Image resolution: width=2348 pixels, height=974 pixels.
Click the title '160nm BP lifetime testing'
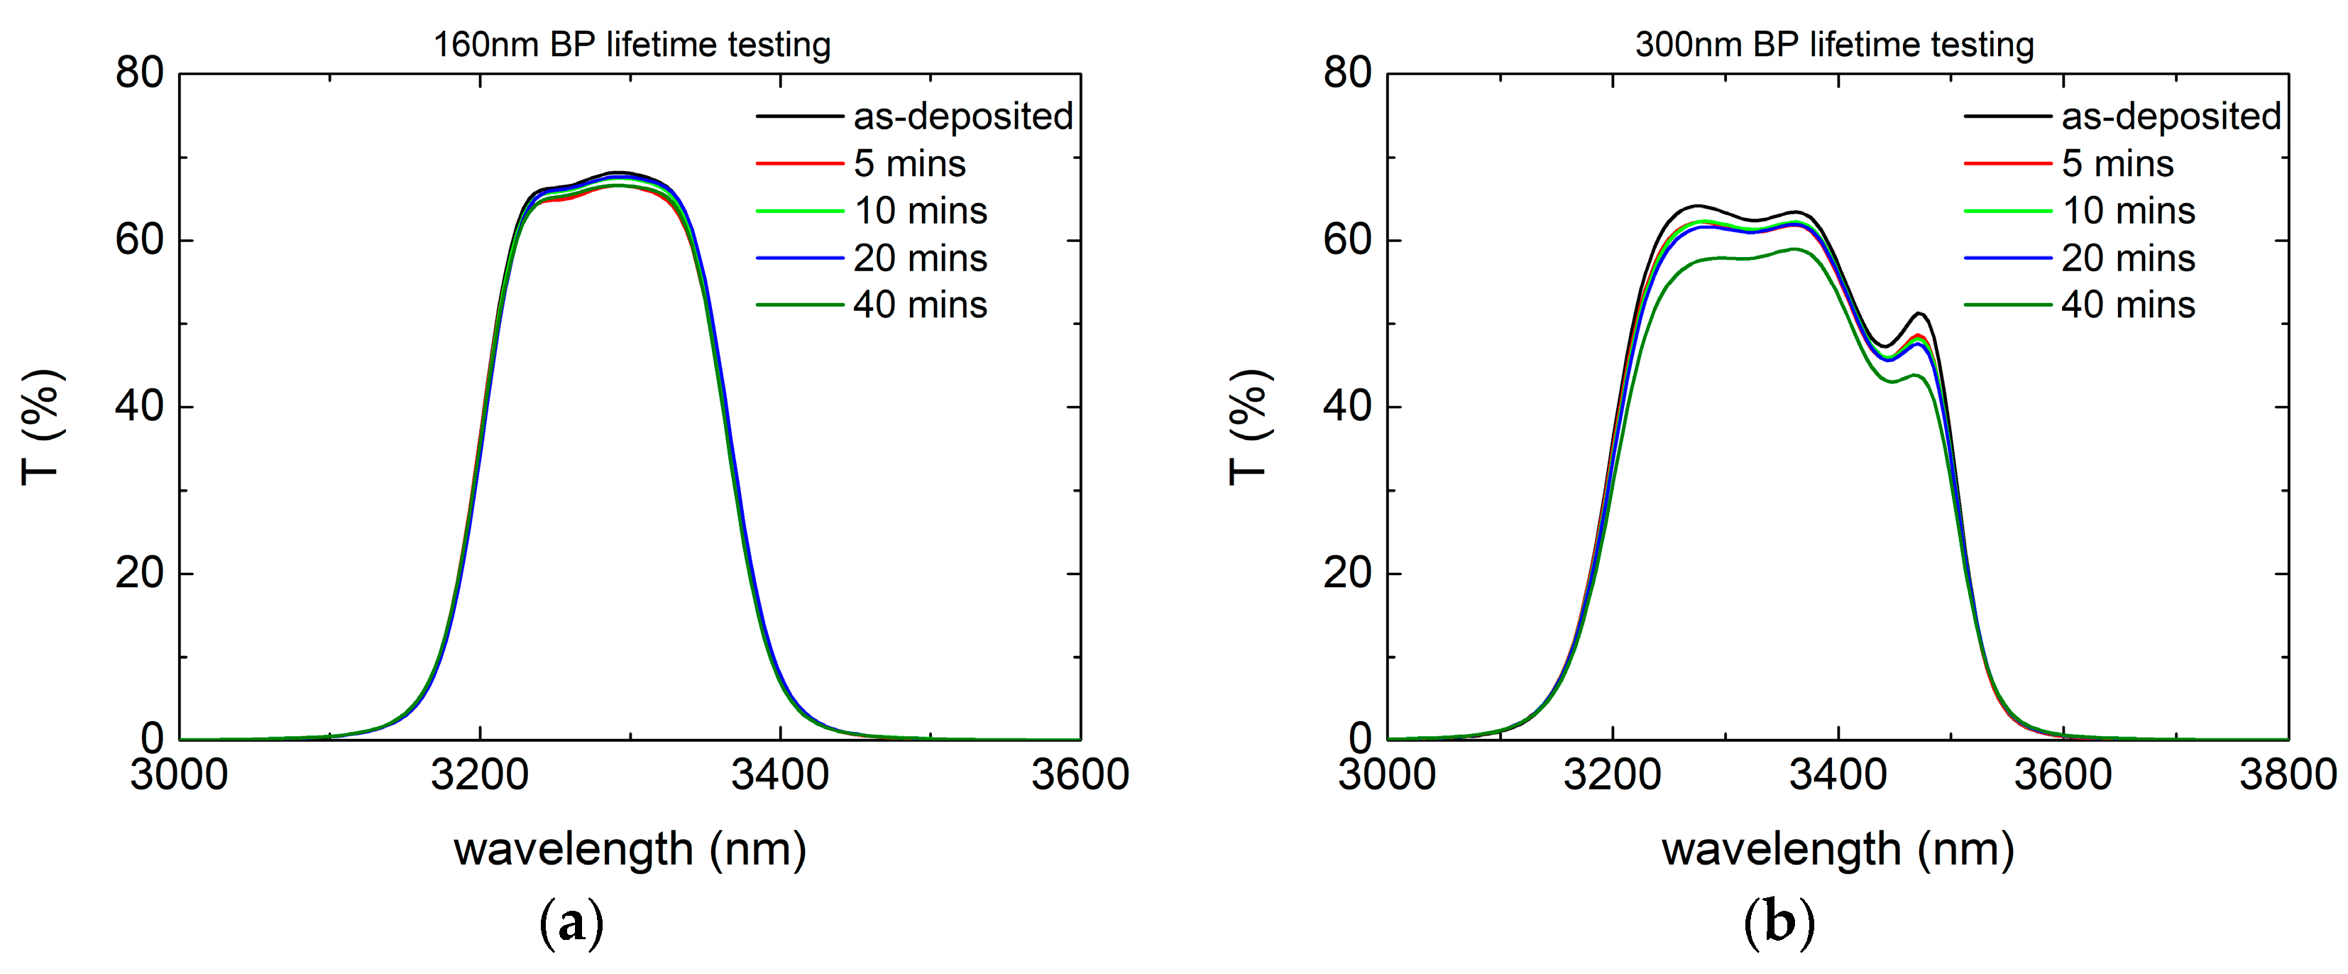point(631,44)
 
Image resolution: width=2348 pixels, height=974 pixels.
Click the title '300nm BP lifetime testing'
point(1834,44)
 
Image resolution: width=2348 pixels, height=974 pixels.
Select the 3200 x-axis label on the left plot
point(479,775)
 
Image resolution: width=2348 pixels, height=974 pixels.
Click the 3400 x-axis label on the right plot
point(1838,775)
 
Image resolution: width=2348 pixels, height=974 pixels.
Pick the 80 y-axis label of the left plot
point(139,73)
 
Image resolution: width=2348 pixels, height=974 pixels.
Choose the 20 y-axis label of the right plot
point(1347,574)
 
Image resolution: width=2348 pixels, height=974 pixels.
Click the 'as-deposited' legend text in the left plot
point(962,116)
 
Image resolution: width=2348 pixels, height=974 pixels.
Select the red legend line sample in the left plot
point(799,164)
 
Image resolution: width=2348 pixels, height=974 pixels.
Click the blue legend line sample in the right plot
point(2007,258)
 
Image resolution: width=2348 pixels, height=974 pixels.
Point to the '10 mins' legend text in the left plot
point(920,211)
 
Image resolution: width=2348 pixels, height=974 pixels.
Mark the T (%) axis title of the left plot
point(40,427)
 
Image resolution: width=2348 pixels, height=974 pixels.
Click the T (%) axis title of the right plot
point(1248,427)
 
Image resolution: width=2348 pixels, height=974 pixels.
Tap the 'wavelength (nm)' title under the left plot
point(630,850)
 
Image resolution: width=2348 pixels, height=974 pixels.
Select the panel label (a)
point(571,924)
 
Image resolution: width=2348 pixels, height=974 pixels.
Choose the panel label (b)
point(1778,924)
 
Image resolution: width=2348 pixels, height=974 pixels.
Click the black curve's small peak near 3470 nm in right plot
point(1919,314)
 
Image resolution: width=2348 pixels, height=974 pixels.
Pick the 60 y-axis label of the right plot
point(1347,240)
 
